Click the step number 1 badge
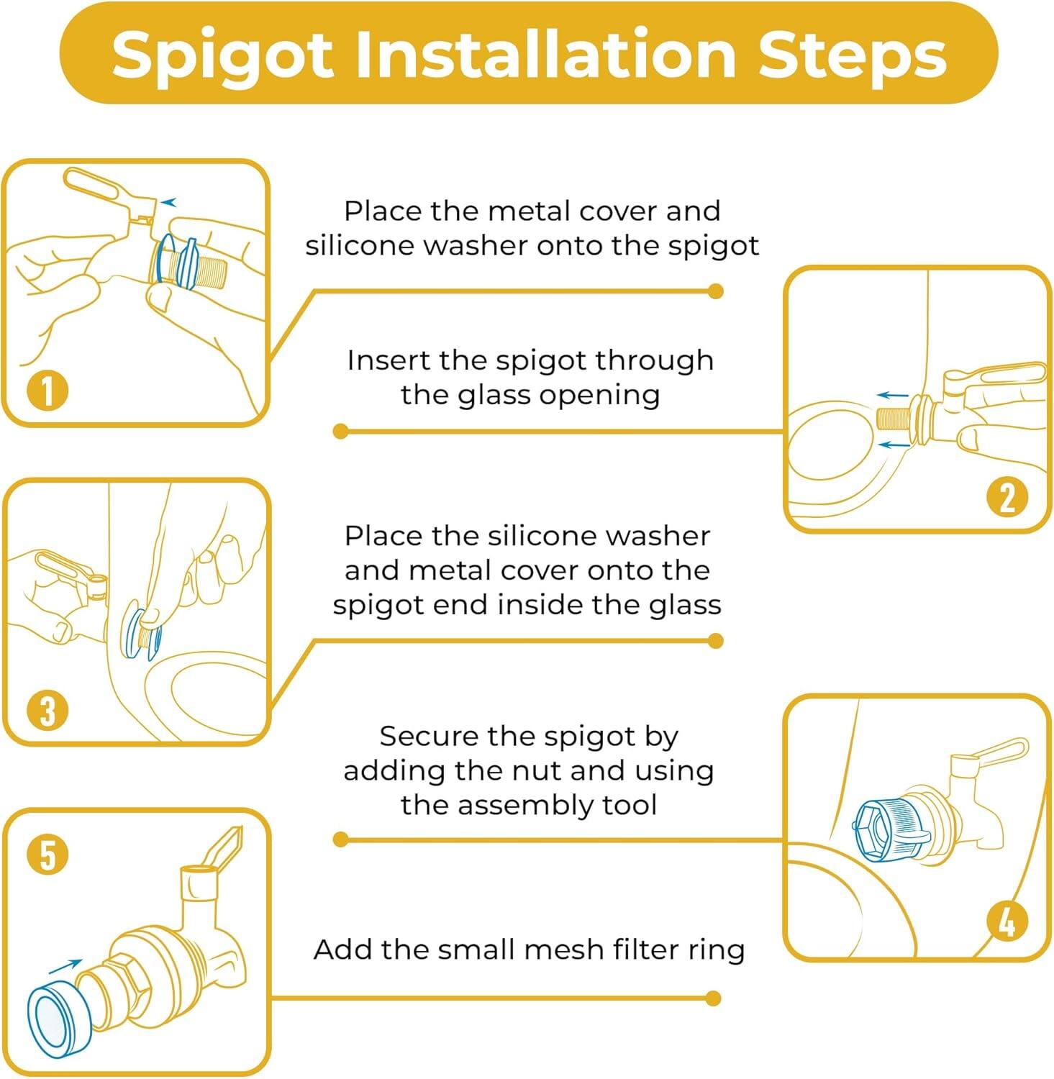pyautogui.click(x=47, y=391)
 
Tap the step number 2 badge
pyautogui.click(x=1007, y=497)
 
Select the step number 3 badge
pyautogui.click(x=47, y=710)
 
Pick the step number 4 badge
pyautogui.click(x=1007, y=921)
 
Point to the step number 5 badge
pyautogui.click(x=47, y=855)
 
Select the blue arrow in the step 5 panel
pyautogui.click(x=65, y=966)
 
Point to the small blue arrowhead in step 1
pyautogui.click(x=168, y=203)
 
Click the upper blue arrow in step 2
pyautogui.click(x=893, y=395)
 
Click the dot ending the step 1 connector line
pyautogui.click(x=715, y=291)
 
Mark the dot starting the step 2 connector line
pyautogui.click(x=341, y=432)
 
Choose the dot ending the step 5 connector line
pyautogui.click(x=713, y=998)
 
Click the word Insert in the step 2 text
pyautogui.click(x=389, y=360)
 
